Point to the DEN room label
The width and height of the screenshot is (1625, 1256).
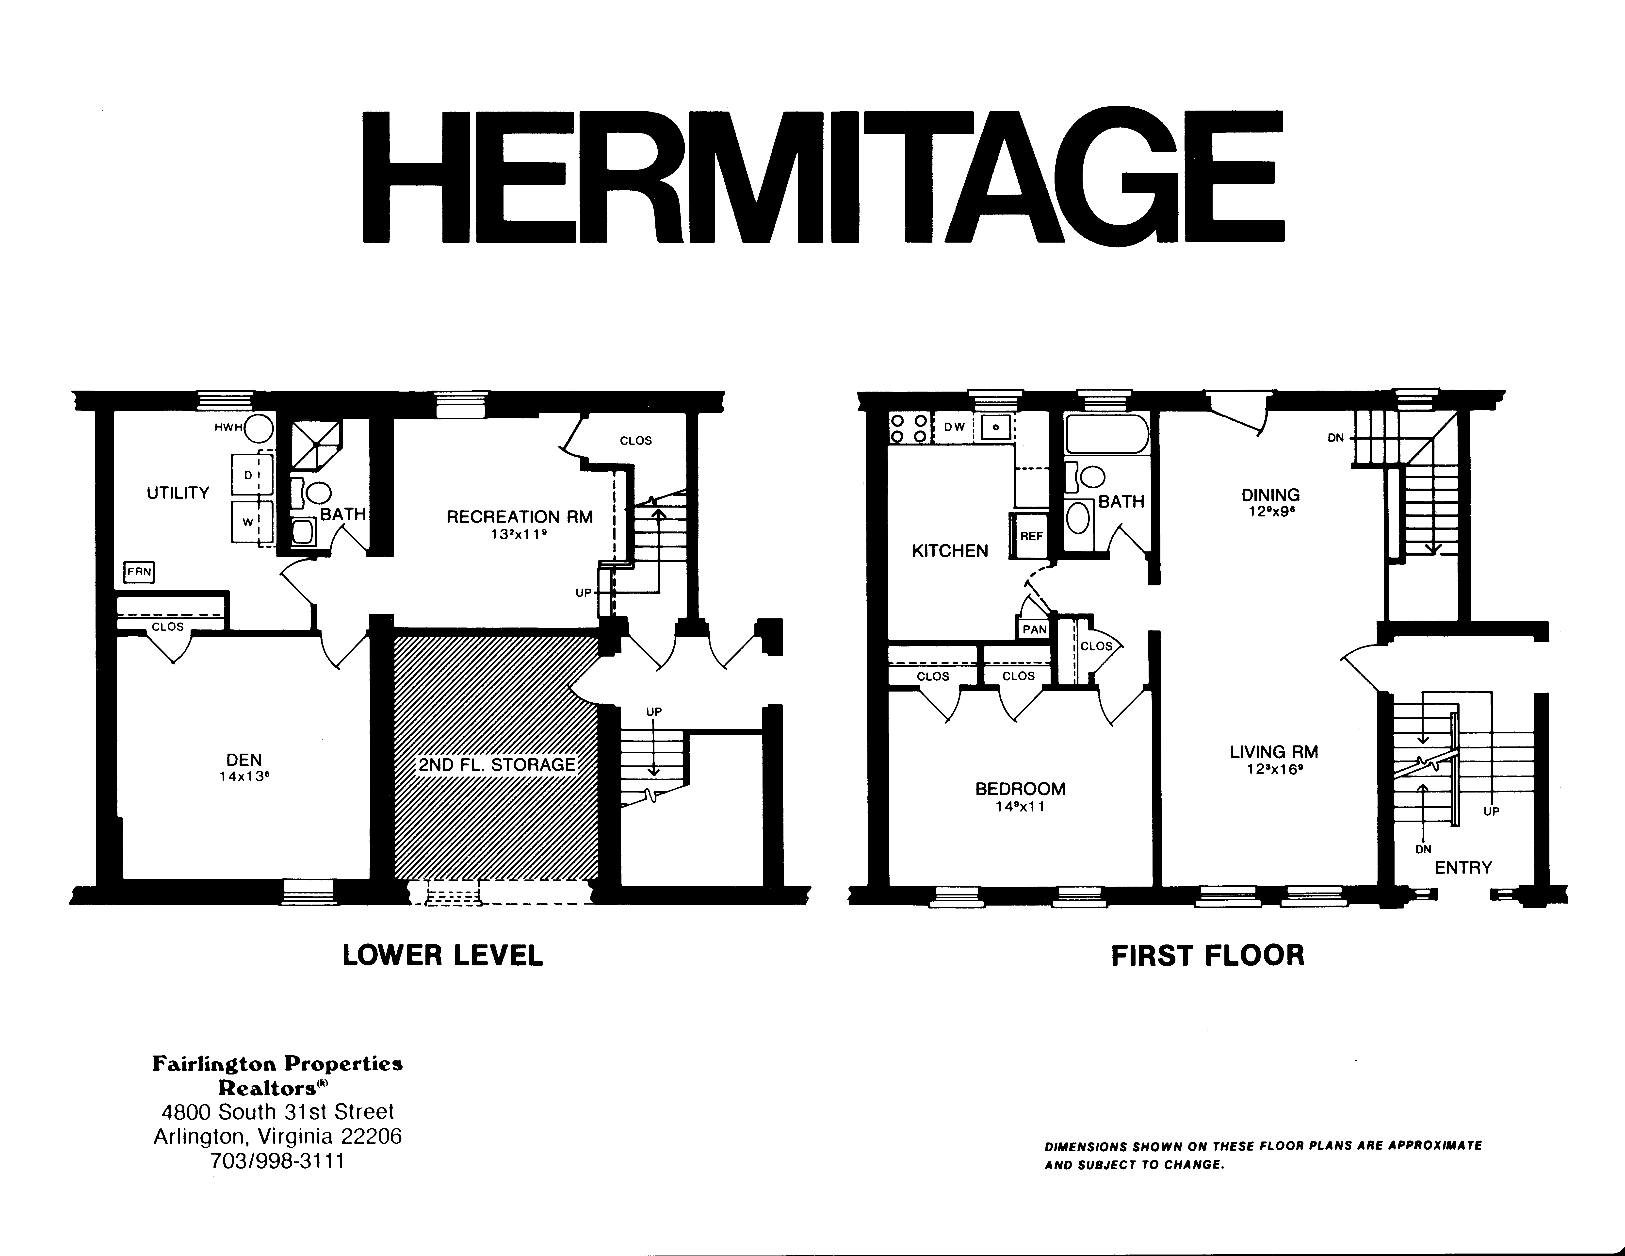[244, 760]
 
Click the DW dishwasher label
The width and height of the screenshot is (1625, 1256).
[954, 427]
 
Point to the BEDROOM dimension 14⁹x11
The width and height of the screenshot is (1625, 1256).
[1020, 807]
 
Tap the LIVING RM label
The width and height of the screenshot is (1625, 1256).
[1274, 752]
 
